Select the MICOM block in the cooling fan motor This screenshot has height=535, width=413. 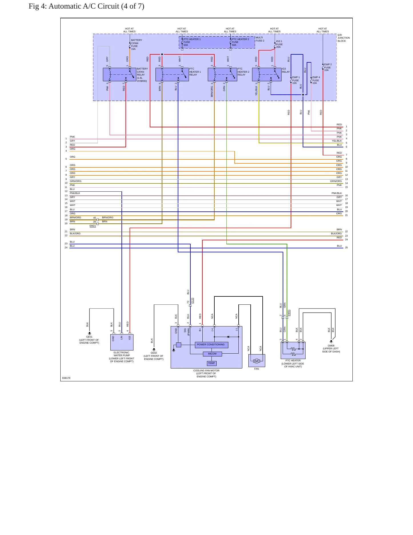[212, 354]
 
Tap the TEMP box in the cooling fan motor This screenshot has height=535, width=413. [212, 363]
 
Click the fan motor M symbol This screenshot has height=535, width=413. [257, 361]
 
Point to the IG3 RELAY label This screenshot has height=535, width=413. [286, 70]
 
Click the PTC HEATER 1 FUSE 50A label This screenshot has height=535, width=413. [192, 42]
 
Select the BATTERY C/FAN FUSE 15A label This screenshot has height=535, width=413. [136, 45]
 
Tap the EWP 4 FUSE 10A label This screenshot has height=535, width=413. [316, 80]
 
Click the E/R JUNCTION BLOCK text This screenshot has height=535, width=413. [344, 38]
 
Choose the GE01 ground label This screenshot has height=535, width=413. [89, 337]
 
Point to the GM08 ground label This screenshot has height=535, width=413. [331, 346]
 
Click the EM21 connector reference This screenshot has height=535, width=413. [93, 226]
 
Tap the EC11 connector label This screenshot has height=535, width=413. [192, 301]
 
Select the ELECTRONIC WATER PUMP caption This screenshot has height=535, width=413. [121, 357]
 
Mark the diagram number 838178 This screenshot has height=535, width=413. [66, 378]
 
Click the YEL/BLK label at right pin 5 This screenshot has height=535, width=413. [337, 141]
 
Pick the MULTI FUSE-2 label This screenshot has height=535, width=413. [260, 39]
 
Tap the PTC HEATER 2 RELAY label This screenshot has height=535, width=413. [243, 72]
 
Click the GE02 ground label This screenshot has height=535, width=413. [154, 353]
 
